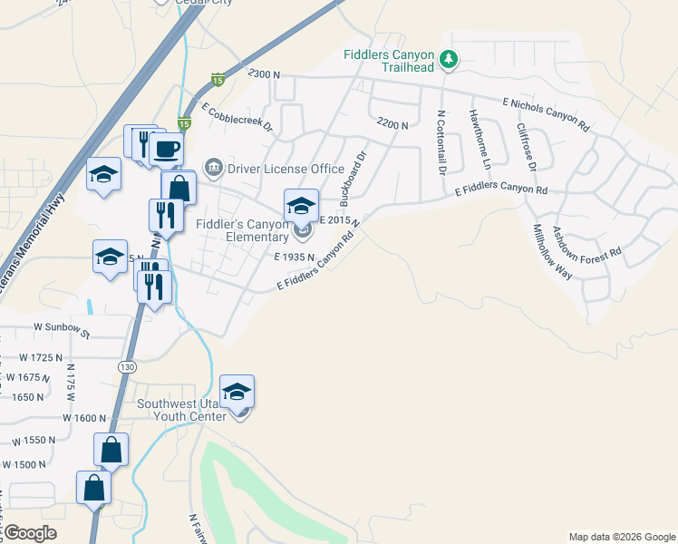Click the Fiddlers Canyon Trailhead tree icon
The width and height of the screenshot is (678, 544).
[448, 60]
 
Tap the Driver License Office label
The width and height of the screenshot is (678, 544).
[286, 169]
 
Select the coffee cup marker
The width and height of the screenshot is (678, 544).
[167, 149]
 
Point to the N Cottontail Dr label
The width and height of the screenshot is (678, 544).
[441, 142]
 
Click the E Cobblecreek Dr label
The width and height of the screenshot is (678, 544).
[237, 118]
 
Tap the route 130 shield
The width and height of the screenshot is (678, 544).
[126, 365]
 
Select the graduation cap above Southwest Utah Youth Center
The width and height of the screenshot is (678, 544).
[237, 390]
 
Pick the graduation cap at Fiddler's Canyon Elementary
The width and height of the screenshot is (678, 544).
[301, 204]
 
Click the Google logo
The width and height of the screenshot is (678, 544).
[30, 534]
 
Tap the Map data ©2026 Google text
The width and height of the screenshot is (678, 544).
[621, 537]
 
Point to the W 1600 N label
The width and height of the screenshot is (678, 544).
[84, 417]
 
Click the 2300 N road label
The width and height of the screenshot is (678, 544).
[264, 73]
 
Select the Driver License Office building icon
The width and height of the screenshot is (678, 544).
[214, 166]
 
